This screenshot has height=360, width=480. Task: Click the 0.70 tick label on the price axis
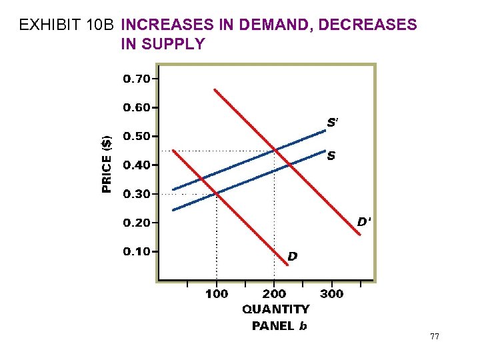[x=137, y=79]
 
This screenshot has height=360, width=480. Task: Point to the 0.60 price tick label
[x=137, y=107]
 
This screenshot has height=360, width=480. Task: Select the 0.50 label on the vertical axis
[x=137, y=136]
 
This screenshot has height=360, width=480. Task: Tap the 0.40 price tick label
[x=137, y=165]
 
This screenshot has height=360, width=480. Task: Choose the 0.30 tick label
[x=137, y=194]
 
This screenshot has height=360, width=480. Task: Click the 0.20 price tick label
[x=137, y=223]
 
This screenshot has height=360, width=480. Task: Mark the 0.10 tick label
[x=137, y=251]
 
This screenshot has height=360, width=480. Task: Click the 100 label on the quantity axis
[x=216, y=294]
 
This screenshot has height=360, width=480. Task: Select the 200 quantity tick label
[x=274, y=294]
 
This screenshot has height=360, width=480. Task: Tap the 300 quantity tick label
[x=332, y=294]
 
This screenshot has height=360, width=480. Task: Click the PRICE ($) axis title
[x=107, y=164]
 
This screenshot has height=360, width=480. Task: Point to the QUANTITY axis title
[x=275, y=309]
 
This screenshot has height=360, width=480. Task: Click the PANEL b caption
[x=279, y=326]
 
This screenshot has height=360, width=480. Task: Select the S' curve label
[x=333, y=123]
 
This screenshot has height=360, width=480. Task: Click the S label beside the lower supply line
[x=331, y=157]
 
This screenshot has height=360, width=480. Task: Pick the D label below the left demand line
[x=292, y=255]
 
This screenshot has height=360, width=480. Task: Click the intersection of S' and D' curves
[x=274, y=151]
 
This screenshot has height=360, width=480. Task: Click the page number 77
[x=434, y=337]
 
